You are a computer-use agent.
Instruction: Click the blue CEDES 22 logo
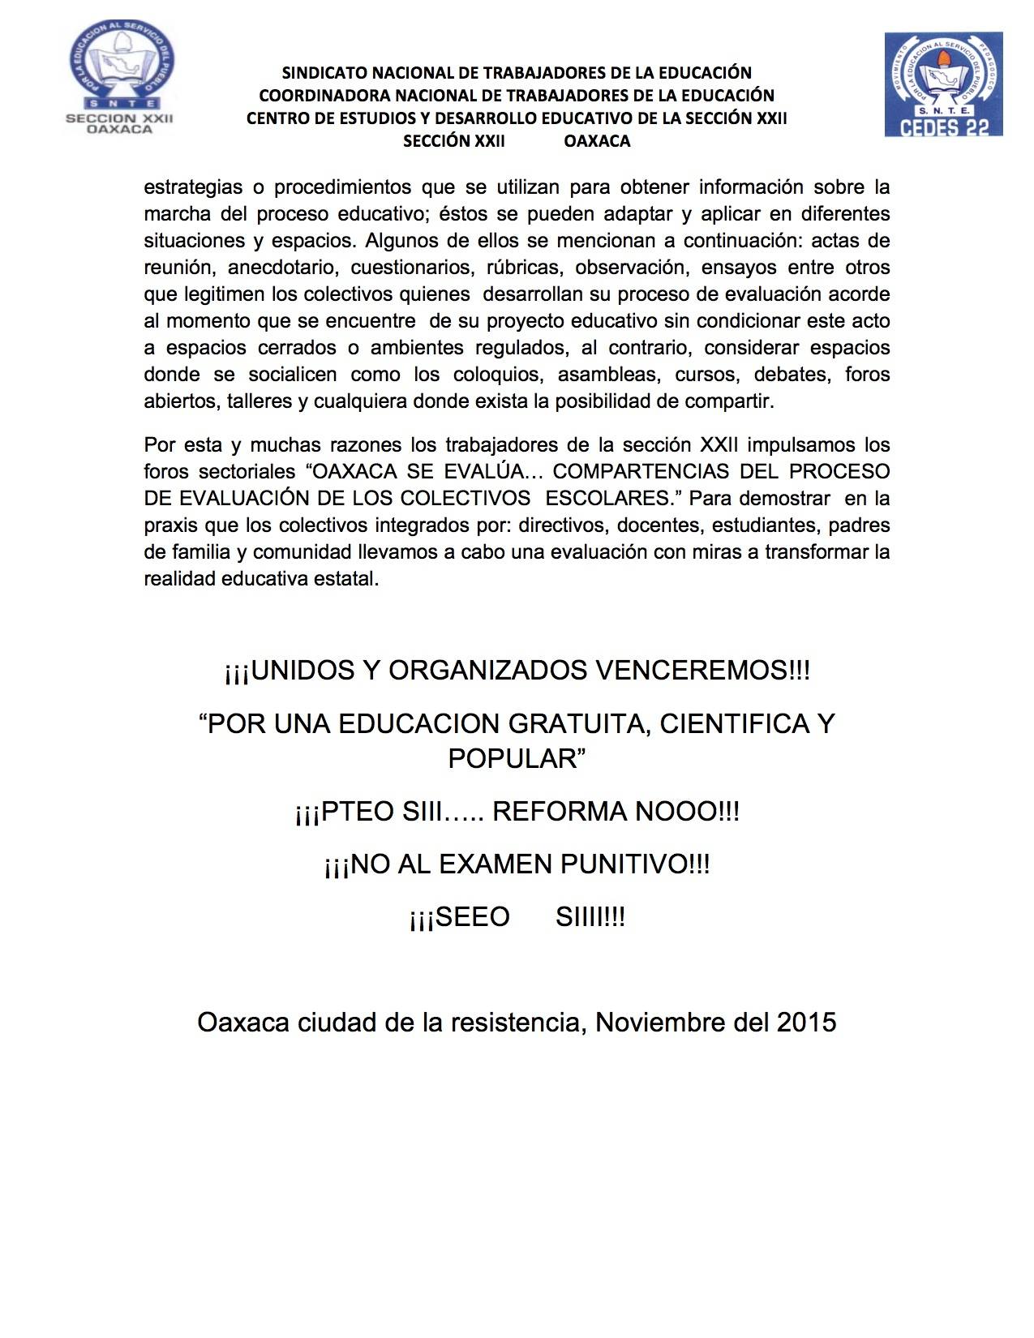click(x=943, y=84)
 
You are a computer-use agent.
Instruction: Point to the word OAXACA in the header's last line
click(x=597, y=141)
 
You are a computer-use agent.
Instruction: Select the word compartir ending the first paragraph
click(x=729, y=401)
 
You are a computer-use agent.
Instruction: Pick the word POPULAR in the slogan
click(x=513, y=758)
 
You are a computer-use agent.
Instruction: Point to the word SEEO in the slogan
click(x=472, y=917)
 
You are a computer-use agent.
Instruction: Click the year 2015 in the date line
click(x=806, y=1023)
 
